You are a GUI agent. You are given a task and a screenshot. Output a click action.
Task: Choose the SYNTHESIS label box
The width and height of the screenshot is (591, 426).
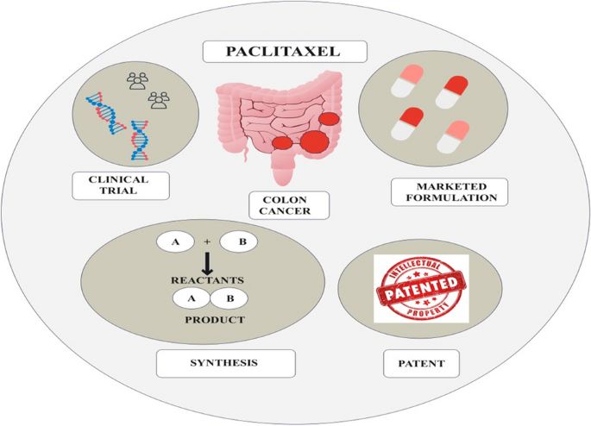(x=225, y=363)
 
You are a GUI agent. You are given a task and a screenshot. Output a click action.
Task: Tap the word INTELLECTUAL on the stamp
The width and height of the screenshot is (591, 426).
(x=419, y=266)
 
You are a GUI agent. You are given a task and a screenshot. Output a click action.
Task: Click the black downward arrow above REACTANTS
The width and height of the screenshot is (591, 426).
(x=207, y=263)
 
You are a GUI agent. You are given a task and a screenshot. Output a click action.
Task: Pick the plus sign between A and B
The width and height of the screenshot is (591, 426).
(x=207, y=242)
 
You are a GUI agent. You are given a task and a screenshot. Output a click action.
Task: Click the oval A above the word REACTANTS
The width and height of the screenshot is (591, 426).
(x=176, y=242)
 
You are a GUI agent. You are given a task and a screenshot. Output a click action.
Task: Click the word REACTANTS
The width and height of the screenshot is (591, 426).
(x=212, y=281)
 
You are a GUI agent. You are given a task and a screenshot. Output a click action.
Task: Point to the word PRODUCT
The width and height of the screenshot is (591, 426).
(x=215, y=320)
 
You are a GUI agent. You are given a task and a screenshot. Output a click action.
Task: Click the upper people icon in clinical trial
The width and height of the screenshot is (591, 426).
(x=137, y=81)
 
